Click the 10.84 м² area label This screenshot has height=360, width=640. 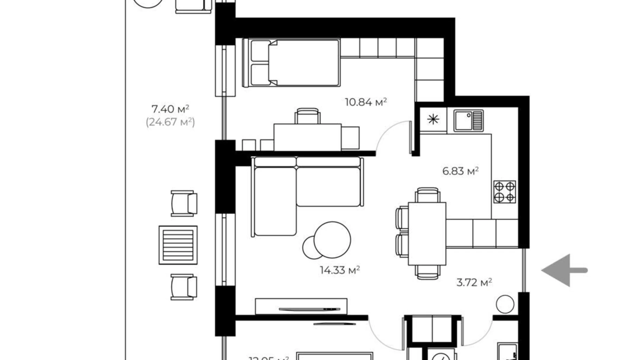coord(365,102)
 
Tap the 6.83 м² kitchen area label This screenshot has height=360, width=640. coord(460,171)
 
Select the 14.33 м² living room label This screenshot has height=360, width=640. coord(339,270)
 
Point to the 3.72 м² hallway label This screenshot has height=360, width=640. coord(474,282)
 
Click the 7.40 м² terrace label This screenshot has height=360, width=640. coord(170,109)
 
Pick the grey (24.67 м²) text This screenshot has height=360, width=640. coord(170,122)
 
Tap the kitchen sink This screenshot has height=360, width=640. coord(468,120)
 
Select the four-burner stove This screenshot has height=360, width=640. coord(504,192)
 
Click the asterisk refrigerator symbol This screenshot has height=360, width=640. coord(433,120)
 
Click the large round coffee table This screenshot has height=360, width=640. coord(332,240)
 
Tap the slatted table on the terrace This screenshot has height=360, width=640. coord(178,245)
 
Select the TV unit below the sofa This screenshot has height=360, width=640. coord(301,306)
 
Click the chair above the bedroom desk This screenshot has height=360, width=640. coord(307,116)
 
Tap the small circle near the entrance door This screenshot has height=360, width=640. coord(505,304)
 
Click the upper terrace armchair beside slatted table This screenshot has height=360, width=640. coord(184,203)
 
